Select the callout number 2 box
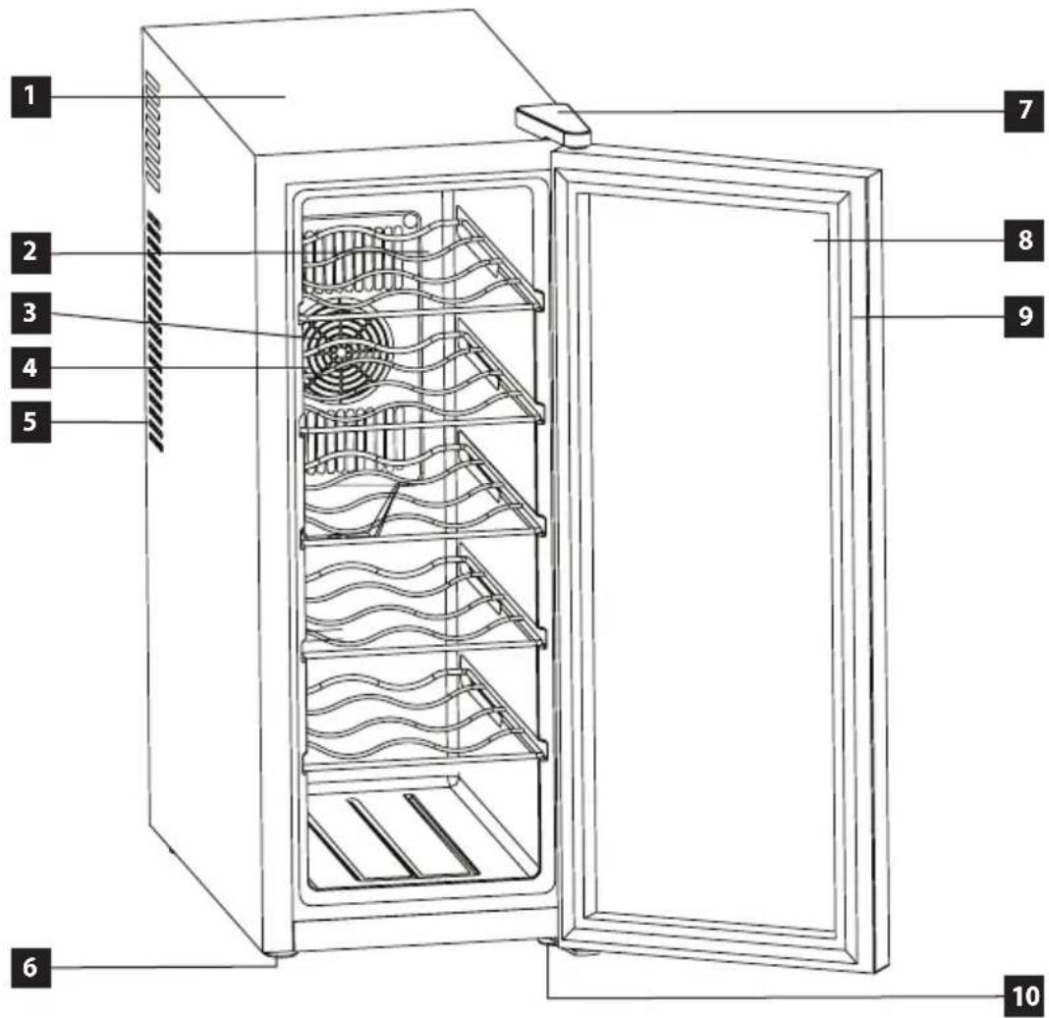click(30, 253)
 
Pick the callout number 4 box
click(30, 368)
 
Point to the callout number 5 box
click(30, 423)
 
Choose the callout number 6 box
click(30, 968)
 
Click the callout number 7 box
click(1024, 110)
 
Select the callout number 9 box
click(1024, 317)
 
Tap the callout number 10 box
click(1024, 996)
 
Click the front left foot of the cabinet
click(278, 956)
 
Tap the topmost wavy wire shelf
click(422, 261)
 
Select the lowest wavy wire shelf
click(422, 715)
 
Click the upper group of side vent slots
click(152, 132)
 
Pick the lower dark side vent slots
click(154, 332)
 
